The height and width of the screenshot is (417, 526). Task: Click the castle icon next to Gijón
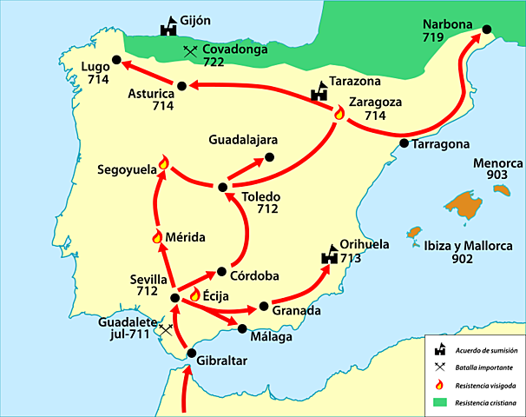click(x=168, y=28)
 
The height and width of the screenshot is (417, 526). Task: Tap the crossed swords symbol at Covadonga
click(x=190, y=52)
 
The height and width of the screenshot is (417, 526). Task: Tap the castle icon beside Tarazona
click(x=320, y=89)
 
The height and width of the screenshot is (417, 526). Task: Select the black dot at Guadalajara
click(x=269, y=157)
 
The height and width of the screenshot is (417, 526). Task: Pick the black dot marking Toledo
click(x=223, y=187)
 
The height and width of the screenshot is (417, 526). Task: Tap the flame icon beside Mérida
click(x=157, y=236)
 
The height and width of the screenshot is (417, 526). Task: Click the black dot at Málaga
click(x=242, y=328)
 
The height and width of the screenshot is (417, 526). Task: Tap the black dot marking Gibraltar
click(x=190, y=353)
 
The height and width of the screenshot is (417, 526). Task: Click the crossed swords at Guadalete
click(x=164, y=330)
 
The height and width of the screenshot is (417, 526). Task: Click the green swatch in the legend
click(x=443, y=402)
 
